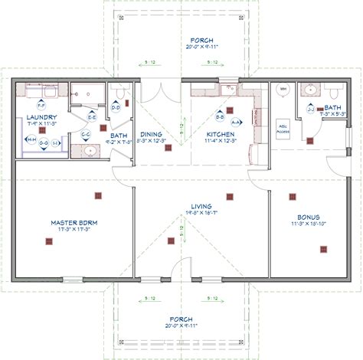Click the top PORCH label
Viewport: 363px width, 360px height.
coord(182,40)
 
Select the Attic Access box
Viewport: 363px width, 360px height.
coord(283,130)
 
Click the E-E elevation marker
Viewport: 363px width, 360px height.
coord(91,117)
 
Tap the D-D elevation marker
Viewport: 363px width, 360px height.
coord(116,108)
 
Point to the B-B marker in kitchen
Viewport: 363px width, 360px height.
coord(220,118)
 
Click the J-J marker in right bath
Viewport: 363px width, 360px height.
coord(310,109)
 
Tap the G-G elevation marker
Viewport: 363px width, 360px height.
coord(44,142)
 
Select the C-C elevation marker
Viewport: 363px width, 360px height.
coord(86,134)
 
